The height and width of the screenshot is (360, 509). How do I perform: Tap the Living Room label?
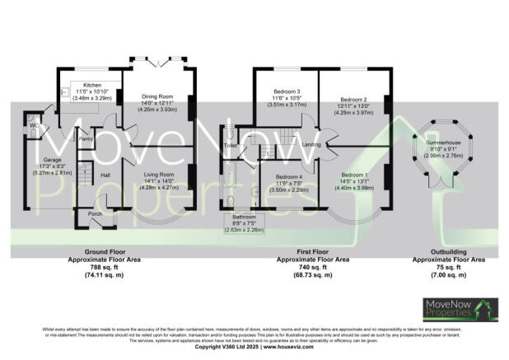pyautogui.click(x=156, y=175)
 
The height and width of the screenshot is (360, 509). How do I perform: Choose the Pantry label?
pyautogui.click(x=85, y=139)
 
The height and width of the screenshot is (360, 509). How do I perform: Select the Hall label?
pyautogui.click(x=105, y=175)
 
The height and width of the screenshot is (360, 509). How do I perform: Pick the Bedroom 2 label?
pyautogui.click(x=353, y=98)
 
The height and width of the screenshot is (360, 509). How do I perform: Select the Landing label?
pyautogui.click(x=311, y=145)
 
